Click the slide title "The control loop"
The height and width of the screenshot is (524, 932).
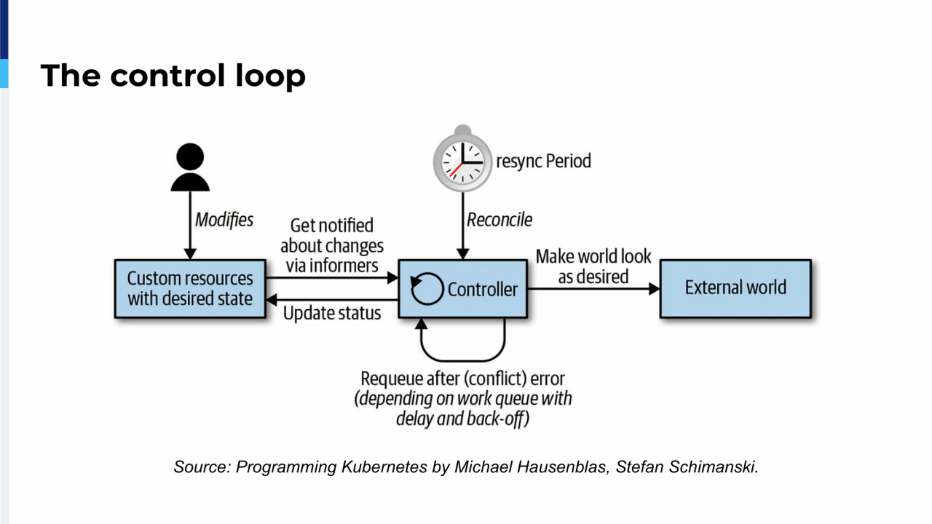173,76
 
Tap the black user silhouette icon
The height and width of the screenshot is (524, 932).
190,167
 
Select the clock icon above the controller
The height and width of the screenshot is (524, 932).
462,159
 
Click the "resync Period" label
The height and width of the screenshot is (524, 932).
543,161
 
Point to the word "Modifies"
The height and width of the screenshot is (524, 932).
224,220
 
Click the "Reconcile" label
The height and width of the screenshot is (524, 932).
499,220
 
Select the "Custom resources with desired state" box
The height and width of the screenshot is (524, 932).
190,289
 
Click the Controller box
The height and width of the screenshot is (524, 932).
481,289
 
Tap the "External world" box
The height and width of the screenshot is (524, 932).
735,288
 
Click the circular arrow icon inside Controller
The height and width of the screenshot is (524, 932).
427,289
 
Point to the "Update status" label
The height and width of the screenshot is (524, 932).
332,314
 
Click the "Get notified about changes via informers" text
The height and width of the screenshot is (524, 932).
332,246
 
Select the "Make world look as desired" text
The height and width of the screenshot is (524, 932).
593,266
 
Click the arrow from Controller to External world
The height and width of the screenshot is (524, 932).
593,289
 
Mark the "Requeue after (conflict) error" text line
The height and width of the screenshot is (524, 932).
462,379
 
